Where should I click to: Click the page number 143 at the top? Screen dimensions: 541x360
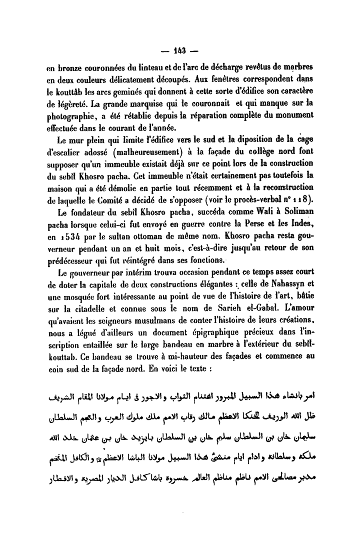click(180, 50)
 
